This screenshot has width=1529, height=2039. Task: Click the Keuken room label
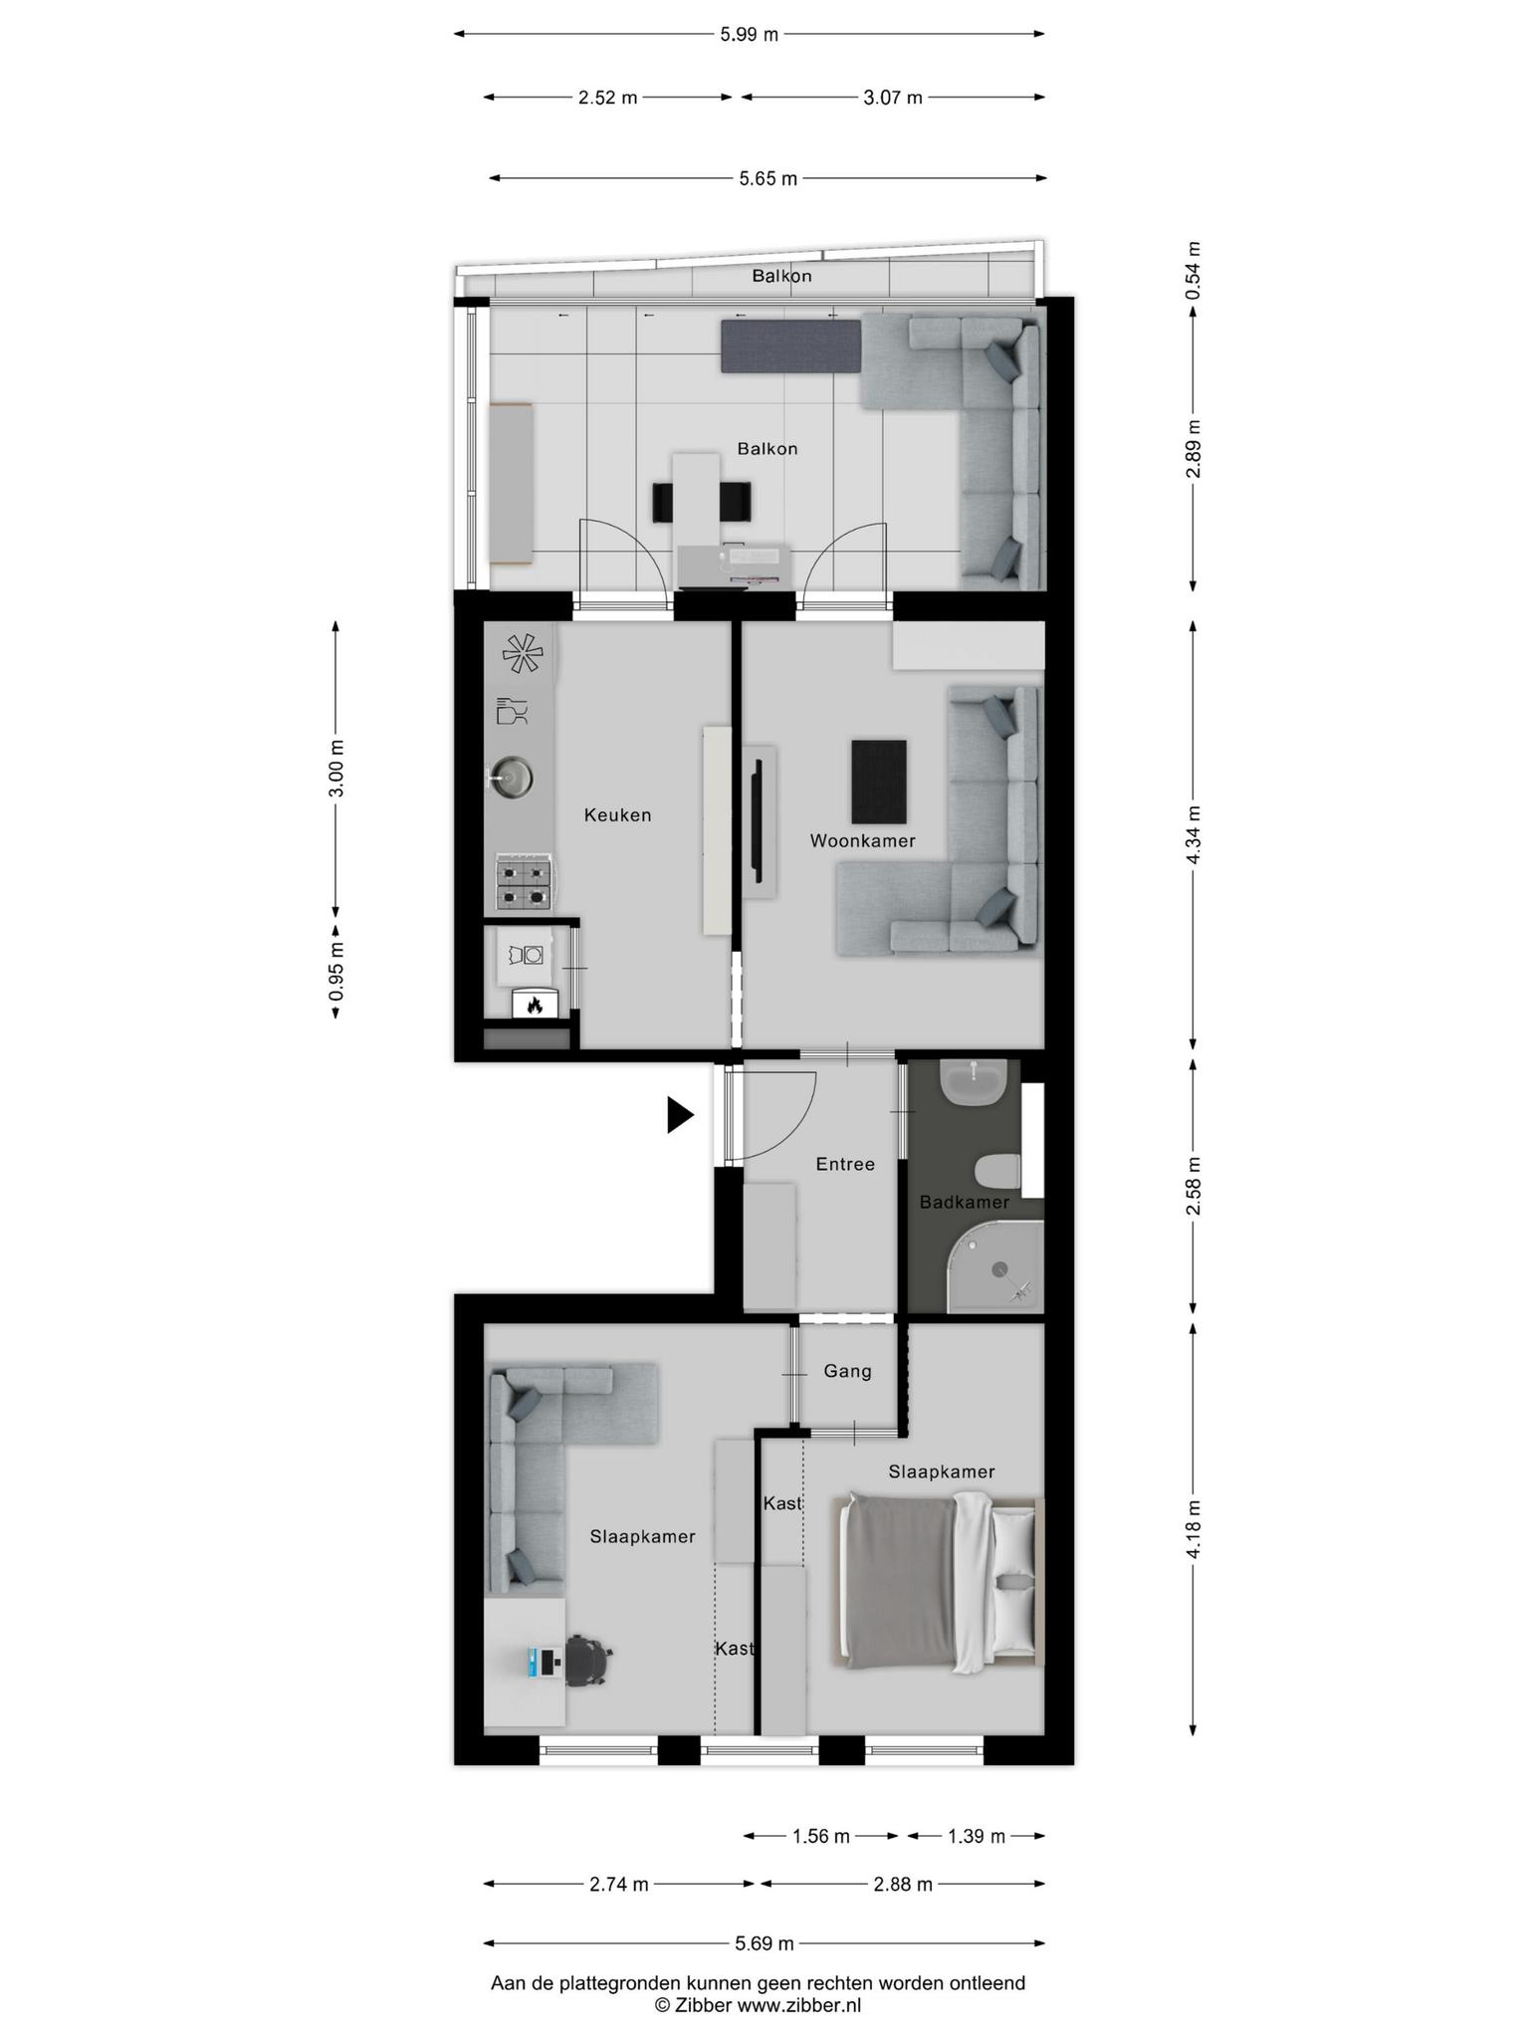(x=617, y=815)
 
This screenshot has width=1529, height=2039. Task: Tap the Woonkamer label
(x=862, y=841)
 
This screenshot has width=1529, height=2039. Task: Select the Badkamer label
(x=964, y=1203)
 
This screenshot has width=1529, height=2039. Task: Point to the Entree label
(x=845, y=1164)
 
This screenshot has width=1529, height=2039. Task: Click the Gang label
(x=847, y=1371)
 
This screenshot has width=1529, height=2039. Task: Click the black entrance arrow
(x=680, y=1115)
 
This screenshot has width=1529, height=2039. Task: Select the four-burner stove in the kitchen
(x=524, y=882)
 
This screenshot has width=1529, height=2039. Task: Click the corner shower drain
(x=999, y=1268)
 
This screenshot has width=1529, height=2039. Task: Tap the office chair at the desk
(x=586, y=1661)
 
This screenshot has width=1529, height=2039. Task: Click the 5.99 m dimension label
(x=749, y=35)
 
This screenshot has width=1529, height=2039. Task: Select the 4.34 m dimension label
(x=1194, y=835)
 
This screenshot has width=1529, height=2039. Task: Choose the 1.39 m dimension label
(x=976, y=1837)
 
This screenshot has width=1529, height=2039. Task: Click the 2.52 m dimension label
(x=607, y=98)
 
